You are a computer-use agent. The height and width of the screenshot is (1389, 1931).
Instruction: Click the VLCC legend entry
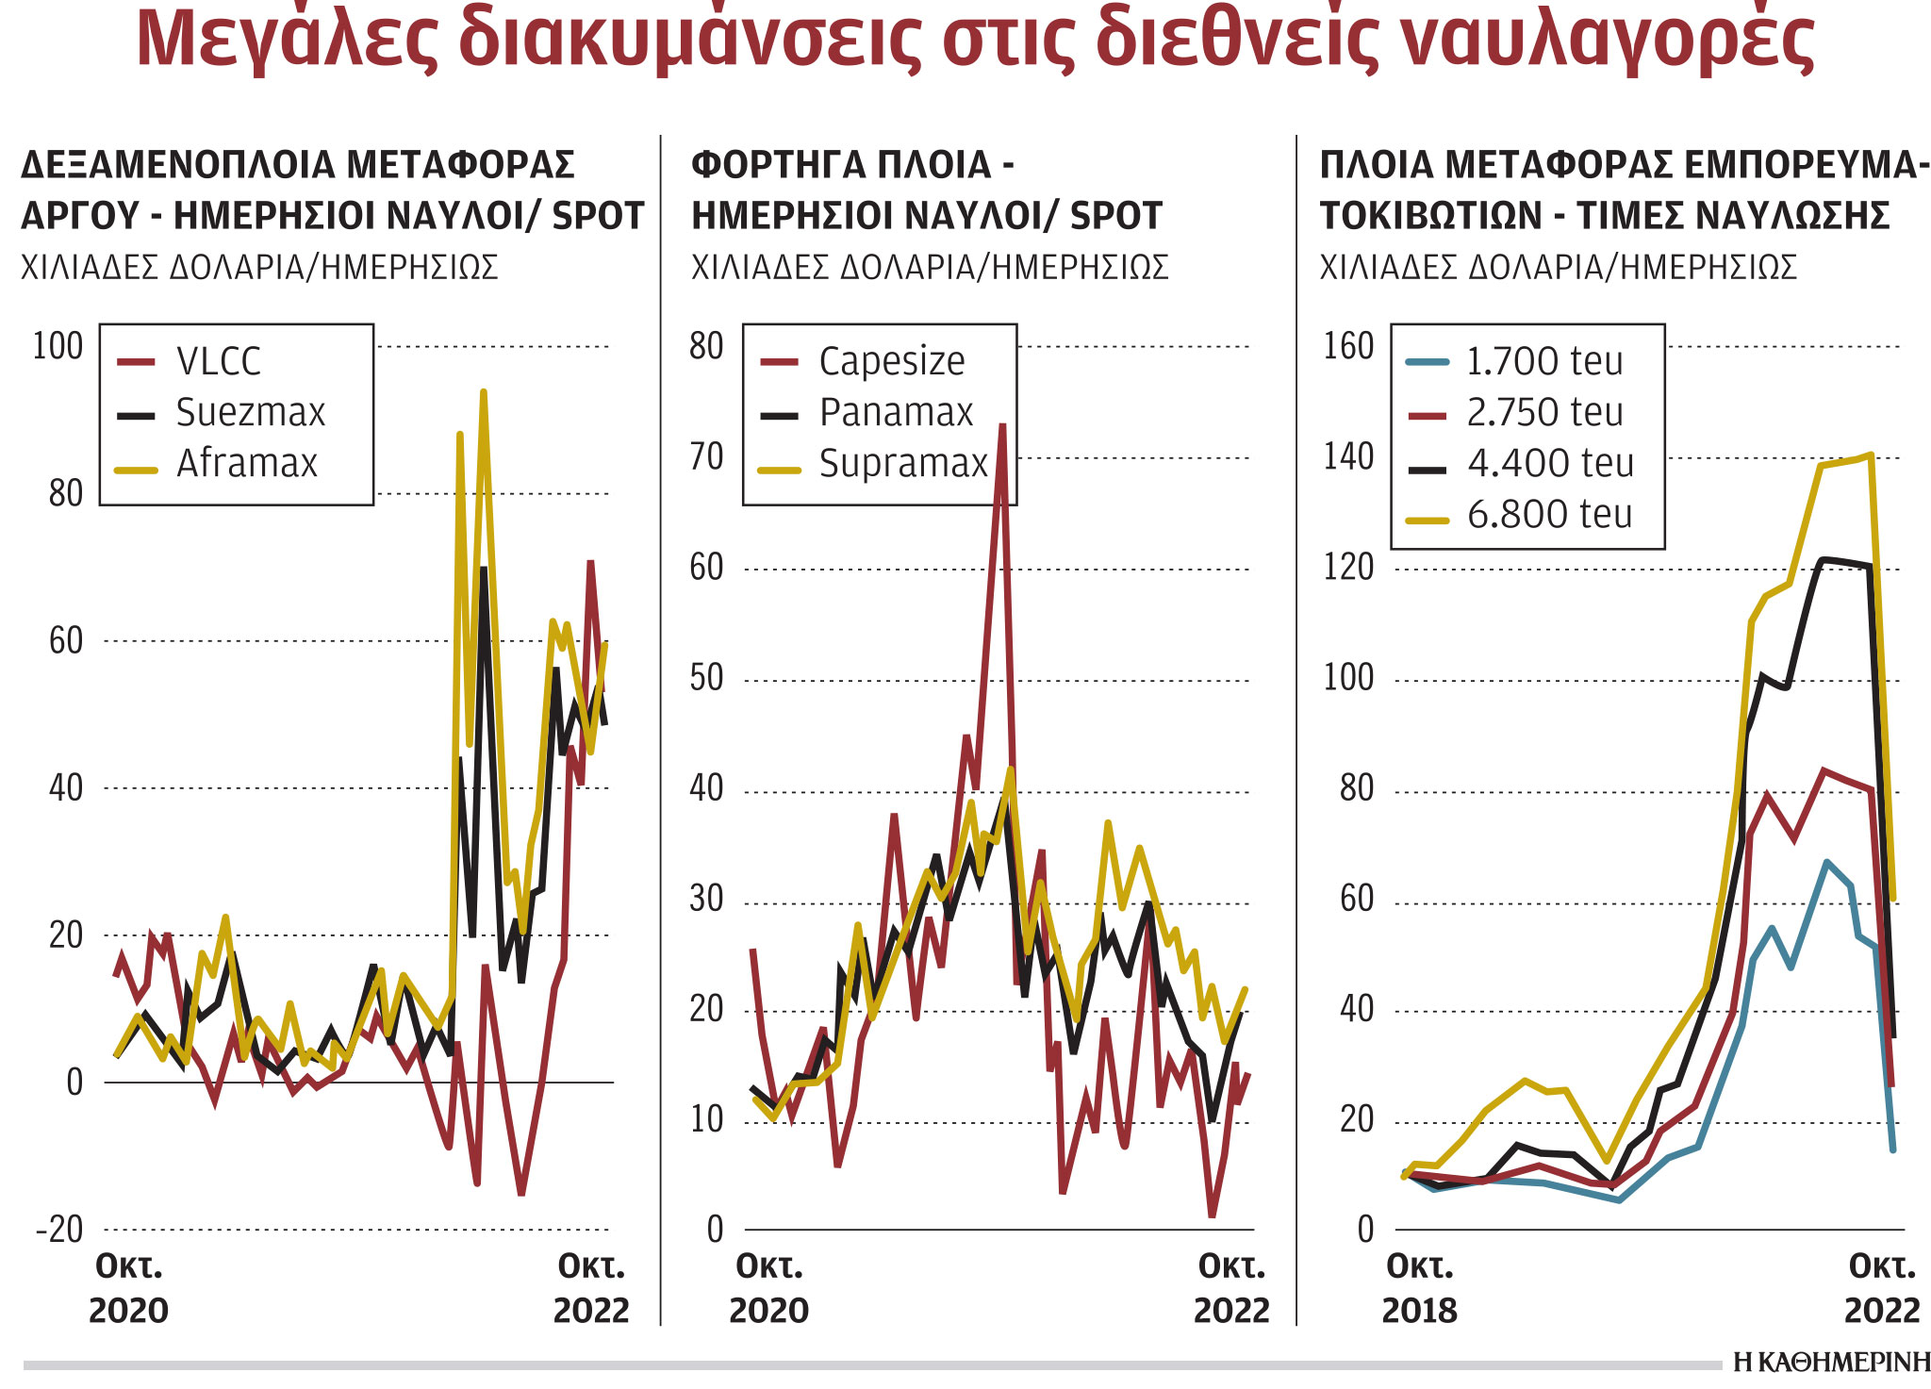(x=218, y=362)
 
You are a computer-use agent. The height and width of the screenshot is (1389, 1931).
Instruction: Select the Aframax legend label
(x=247, y=464)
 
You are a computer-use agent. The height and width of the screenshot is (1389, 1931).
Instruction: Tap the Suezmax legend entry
(x=250, y=413)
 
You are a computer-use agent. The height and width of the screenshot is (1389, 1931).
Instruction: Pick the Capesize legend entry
(x=891, y=362)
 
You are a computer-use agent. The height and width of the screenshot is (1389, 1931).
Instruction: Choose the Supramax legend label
(x=902, y=464)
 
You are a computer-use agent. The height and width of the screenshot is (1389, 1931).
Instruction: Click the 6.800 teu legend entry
(x=1549, y=515)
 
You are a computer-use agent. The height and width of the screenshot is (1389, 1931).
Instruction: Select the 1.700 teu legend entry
(x=1544, y=362)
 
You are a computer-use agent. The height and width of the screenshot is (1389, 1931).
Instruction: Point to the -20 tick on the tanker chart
(x=58, y=1230)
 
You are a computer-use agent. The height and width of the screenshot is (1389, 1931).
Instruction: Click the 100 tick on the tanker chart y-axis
(x=58, y=347)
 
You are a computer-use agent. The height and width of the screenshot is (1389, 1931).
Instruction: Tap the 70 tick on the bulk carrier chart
(x=705, y=457)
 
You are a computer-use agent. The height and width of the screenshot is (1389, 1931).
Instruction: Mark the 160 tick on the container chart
(x=1348, y=347)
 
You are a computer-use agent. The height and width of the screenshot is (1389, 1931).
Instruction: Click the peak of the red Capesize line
(x=1002, y=426)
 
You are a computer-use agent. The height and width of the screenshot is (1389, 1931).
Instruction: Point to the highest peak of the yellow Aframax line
(x=484, y=392)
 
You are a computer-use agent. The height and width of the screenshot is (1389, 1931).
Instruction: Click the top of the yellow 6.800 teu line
(x=1871, y=455)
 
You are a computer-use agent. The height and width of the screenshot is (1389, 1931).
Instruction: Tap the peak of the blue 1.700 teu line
(x=1826, y=862)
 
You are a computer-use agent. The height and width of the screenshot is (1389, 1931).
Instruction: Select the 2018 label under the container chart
(x=1419, y=1311)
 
